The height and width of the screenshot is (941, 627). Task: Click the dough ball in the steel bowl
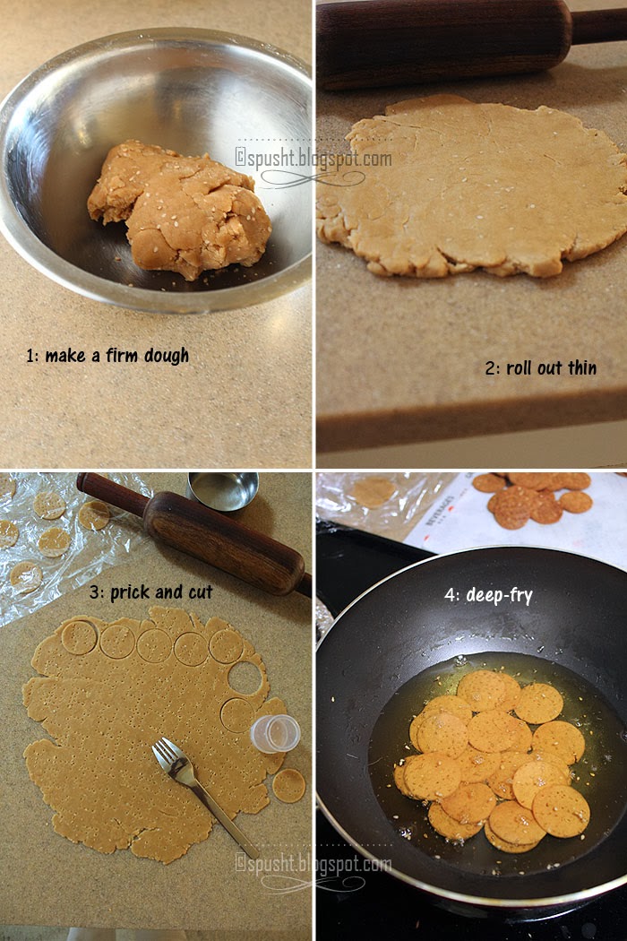point(180,210)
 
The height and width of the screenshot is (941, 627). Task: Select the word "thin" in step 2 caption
point(582,367)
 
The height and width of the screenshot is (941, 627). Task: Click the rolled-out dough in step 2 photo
point(474,187)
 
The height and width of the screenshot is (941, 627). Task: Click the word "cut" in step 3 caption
point(201,592)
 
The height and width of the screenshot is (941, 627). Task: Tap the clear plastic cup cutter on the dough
point(274,733)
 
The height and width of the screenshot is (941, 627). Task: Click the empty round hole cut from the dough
point(245,678)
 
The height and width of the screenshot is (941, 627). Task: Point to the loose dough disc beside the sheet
point(289,786)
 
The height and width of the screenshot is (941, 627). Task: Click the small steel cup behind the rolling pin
point(223,490)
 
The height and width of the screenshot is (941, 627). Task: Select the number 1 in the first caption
point(30,356)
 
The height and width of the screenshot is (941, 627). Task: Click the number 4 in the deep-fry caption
point(450,595)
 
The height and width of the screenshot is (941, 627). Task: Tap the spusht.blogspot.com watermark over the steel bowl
point(313,159)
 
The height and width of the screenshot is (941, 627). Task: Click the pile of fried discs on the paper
point(531,499)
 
